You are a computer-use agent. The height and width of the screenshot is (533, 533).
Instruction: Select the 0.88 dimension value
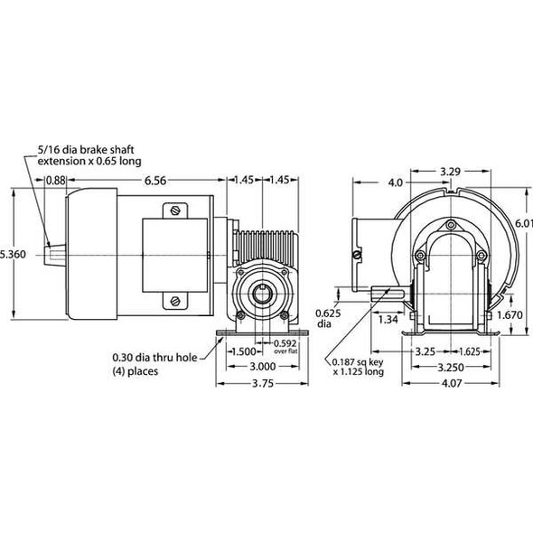(x=55, y=180)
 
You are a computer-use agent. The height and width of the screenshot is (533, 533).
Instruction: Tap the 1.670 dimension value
(x=510, y=314)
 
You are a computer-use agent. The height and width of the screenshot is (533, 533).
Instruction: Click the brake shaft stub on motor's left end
(x=53, y=255)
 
